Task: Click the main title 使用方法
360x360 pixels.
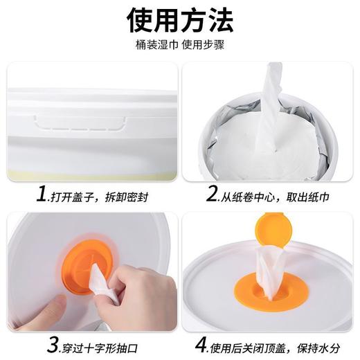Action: coord(180,21)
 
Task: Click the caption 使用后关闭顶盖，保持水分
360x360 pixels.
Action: coord(277,343)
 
